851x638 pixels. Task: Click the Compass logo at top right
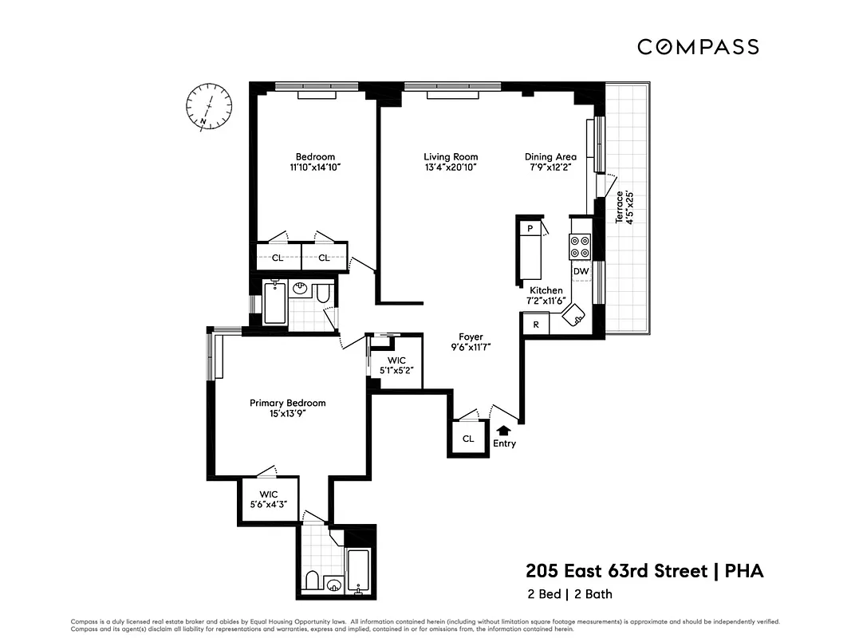click(x=698, y=47)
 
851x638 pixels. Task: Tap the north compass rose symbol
click(x=209, y=106)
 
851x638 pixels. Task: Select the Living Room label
click(x=451, y=157)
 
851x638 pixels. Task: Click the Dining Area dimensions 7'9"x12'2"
click(x=550, y=168)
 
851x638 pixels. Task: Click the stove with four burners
click(x=579, y=247)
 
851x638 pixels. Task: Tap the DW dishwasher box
click(x=581, y=272)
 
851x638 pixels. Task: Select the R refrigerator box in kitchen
click(x=535, y=325)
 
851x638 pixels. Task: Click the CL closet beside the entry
click(x=468, y=438)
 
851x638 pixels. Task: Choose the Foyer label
click(x=471, y=337)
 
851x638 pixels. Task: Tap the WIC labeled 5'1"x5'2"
click(x=396, y=365)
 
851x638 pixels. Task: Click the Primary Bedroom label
click(x=287, y=404)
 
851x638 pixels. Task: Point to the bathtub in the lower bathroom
click(x=359, y=571)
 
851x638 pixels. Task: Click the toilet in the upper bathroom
click(x=324, y=295)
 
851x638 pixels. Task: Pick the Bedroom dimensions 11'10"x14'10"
click(x=315, y=168)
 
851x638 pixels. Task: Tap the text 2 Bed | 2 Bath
click(x=569, y=594)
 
